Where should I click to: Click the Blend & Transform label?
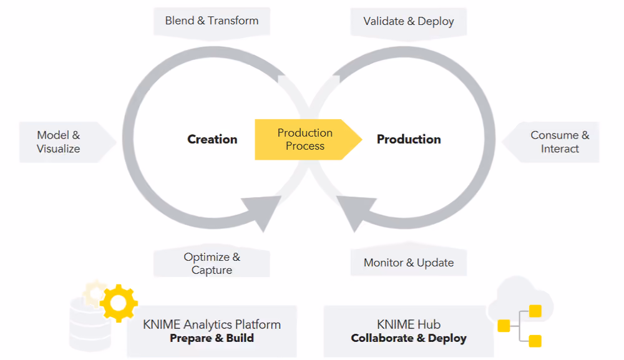[212, 21]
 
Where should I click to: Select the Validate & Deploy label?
[408, 21]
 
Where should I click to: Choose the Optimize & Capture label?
[212, 263]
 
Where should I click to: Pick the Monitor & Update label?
[408, 263]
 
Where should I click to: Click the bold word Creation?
[212, 139]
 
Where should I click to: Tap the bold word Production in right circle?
[409, 139]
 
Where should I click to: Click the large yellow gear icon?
[119, 303]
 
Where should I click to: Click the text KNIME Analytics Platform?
[212, 324]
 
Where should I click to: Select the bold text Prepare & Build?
[212, 338]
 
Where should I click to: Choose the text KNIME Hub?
[409, 324]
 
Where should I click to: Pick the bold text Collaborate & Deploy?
[409, 338]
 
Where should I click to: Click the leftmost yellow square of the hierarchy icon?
[504, 326]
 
